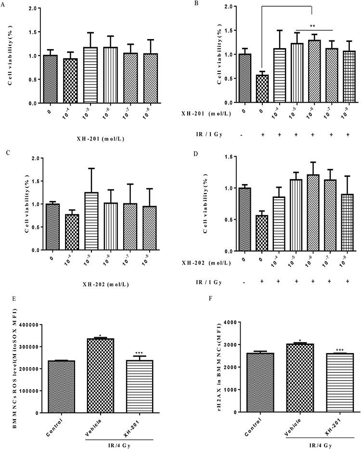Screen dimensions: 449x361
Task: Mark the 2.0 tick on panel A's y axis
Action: (33, 9)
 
